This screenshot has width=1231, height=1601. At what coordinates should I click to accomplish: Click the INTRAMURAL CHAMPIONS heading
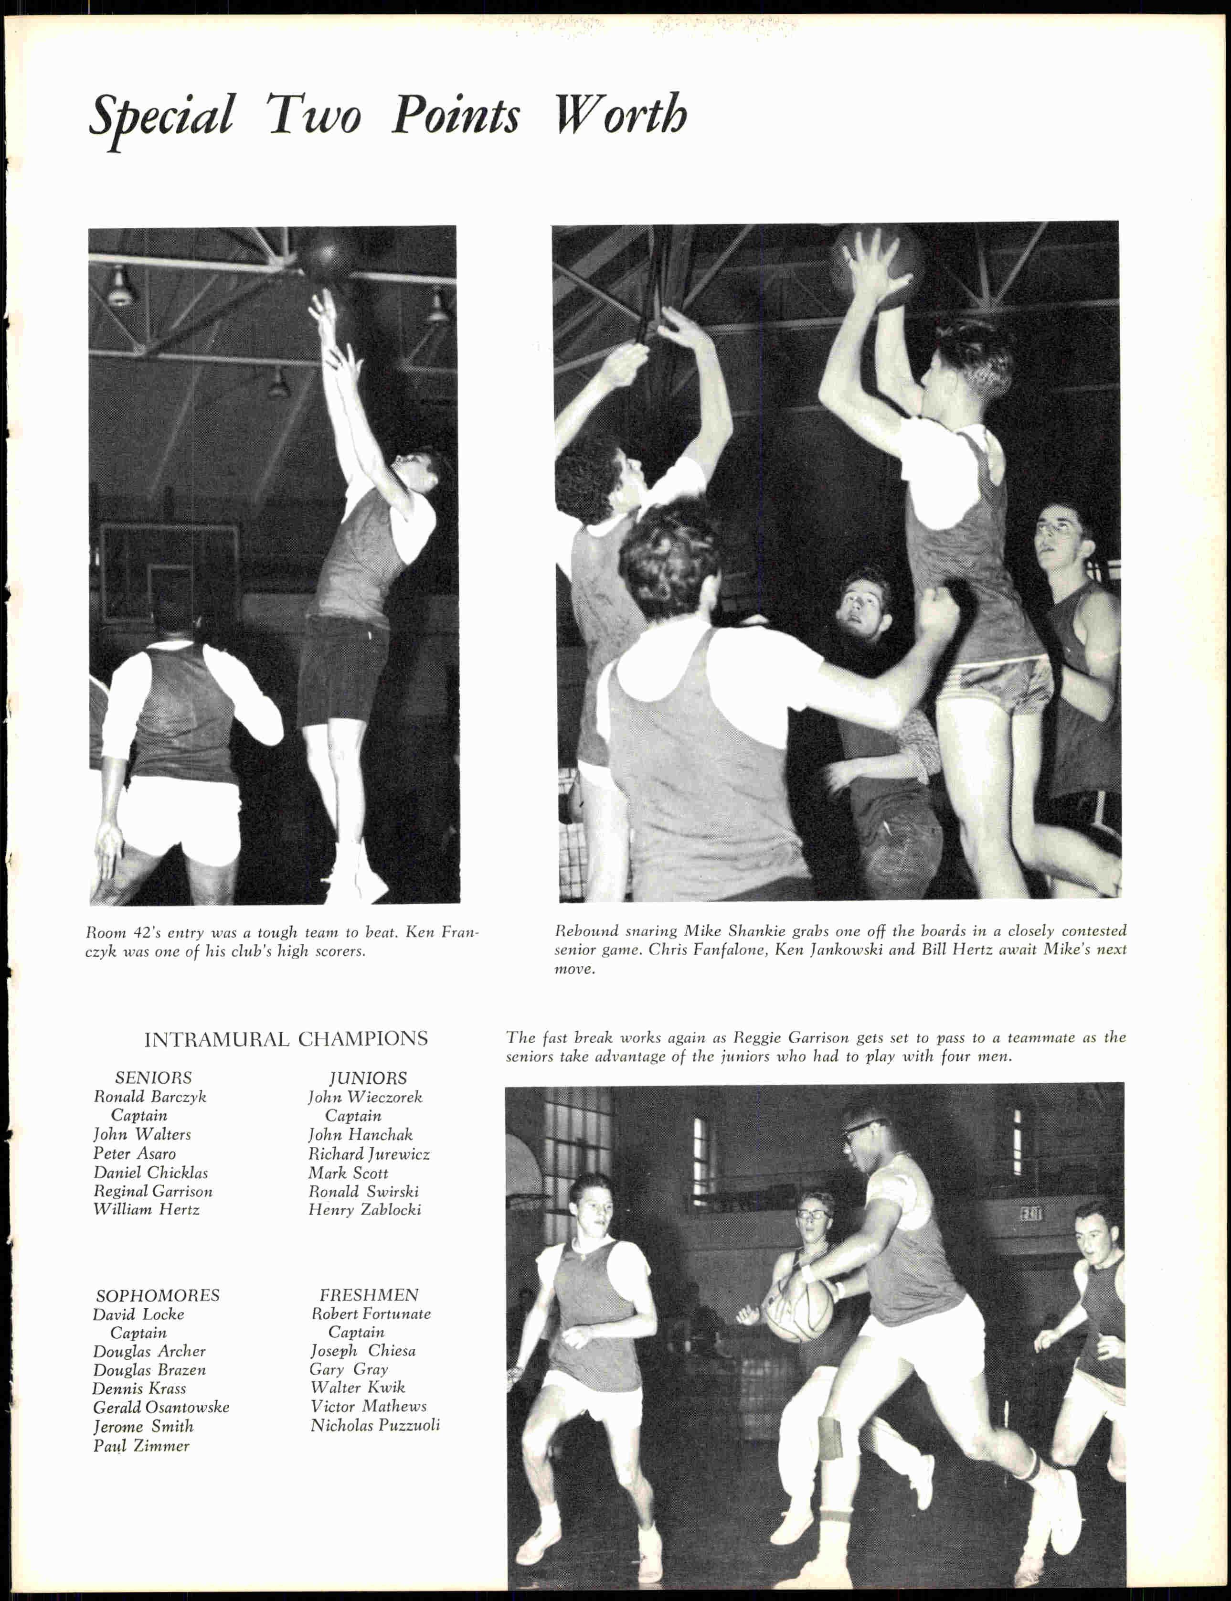(286, 1039)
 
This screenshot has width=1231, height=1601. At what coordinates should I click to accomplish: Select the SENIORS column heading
(153, 1078)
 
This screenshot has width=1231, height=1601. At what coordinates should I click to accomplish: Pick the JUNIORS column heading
(367, 1078)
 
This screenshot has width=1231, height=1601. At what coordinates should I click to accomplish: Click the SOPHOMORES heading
(158, 1295)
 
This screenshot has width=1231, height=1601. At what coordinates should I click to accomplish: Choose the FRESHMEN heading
(369, 1295)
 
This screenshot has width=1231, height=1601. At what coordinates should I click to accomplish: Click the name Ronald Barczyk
(150, 1097)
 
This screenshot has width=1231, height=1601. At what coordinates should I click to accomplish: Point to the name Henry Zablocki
(364, 1210)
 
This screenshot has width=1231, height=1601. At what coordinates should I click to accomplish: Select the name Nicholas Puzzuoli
(375, 1425)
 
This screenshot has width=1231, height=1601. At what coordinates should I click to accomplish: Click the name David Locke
(138, 1314)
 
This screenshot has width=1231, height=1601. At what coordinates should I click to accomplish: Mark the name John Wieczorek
(365, 1097)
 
